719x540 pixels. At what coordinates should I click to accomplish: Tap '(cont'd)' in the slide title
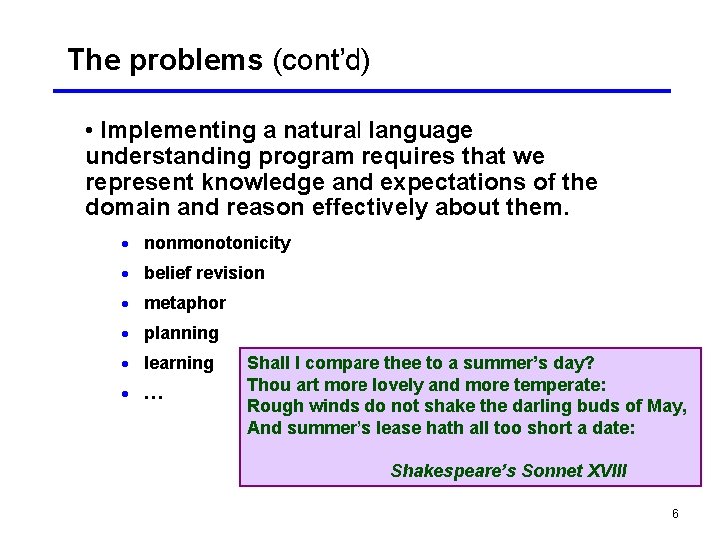[x=321, y=61]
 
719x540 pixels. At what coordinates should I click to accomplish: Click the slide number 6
[x=675, y=514]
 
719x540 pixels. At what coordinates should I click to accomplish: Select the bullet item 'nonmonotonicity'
[x=217, y=243]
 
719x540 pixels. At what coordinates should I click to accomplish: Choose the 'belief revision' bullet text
[x=204, y=273]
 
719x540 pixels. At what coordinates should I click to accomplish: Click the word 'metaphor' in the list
[x=185, y=303]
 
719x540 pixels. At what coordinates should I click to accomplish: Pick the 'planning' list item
[x=181, y=333]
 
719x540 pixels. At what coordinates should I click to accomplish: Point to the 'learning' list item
[x=179, y=363]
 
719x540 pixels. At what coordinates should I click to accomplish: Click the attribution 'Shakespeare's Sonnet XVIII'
[x=509, y=470]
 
